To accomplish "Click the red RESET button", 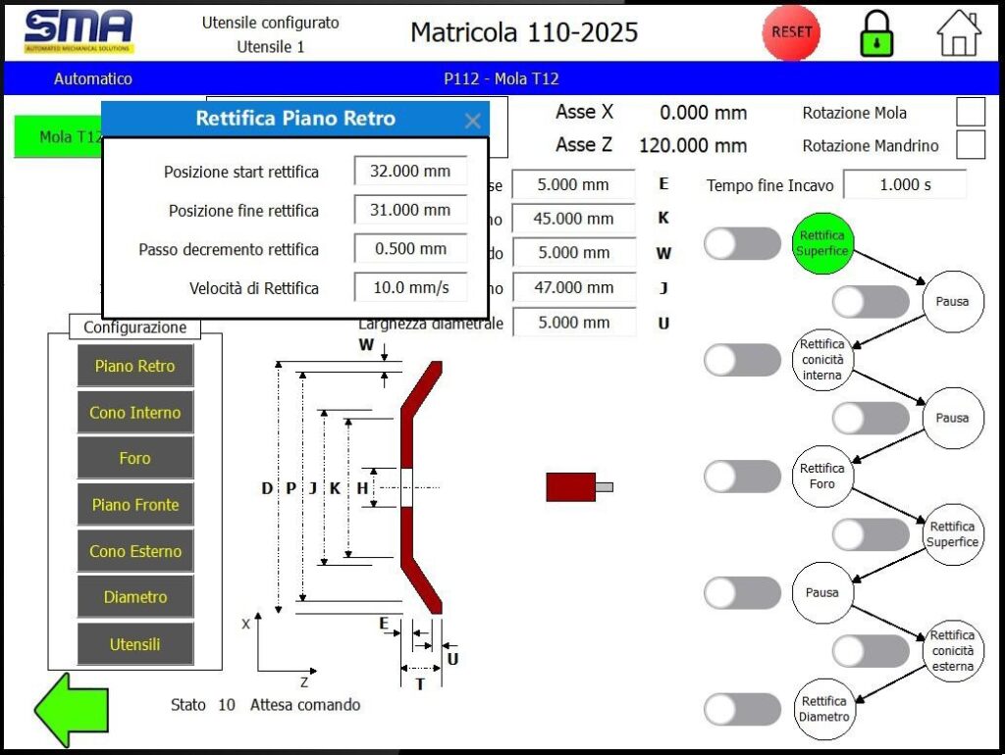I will tap(791, 31).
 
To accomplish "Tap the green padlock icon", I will tap(876, 33).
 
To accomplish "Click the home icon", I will tap(959, 33).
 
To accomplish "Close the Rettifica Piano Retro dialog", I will tap(472, 121).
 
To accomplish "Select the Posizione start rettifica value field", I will tap(410, 171).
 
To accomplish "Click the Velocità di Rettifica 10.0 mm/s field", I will tap(410, 287).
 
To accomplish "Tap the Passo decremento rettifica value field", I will tap(410, 248).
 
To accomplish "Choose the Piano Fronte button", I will tap(135, 505).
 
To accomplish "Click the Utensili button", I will tap(135, 644).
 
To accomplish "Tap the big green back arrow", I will tap(72, 708).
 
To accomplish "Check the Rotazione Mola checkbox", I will tap(970, 113).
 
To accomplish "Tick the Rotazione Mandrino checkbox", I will tap(970, 145).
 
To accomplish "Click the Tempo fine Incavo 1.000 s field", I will tap(905, 184).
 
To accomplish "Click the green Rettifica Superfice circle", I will tap(822, 243).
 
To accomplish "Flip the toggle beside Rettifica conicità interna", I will tap(742, 360).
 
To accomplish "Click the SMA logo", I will tap(79, 31).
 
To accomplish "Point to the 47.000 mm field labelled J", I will tap(573, 287).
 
